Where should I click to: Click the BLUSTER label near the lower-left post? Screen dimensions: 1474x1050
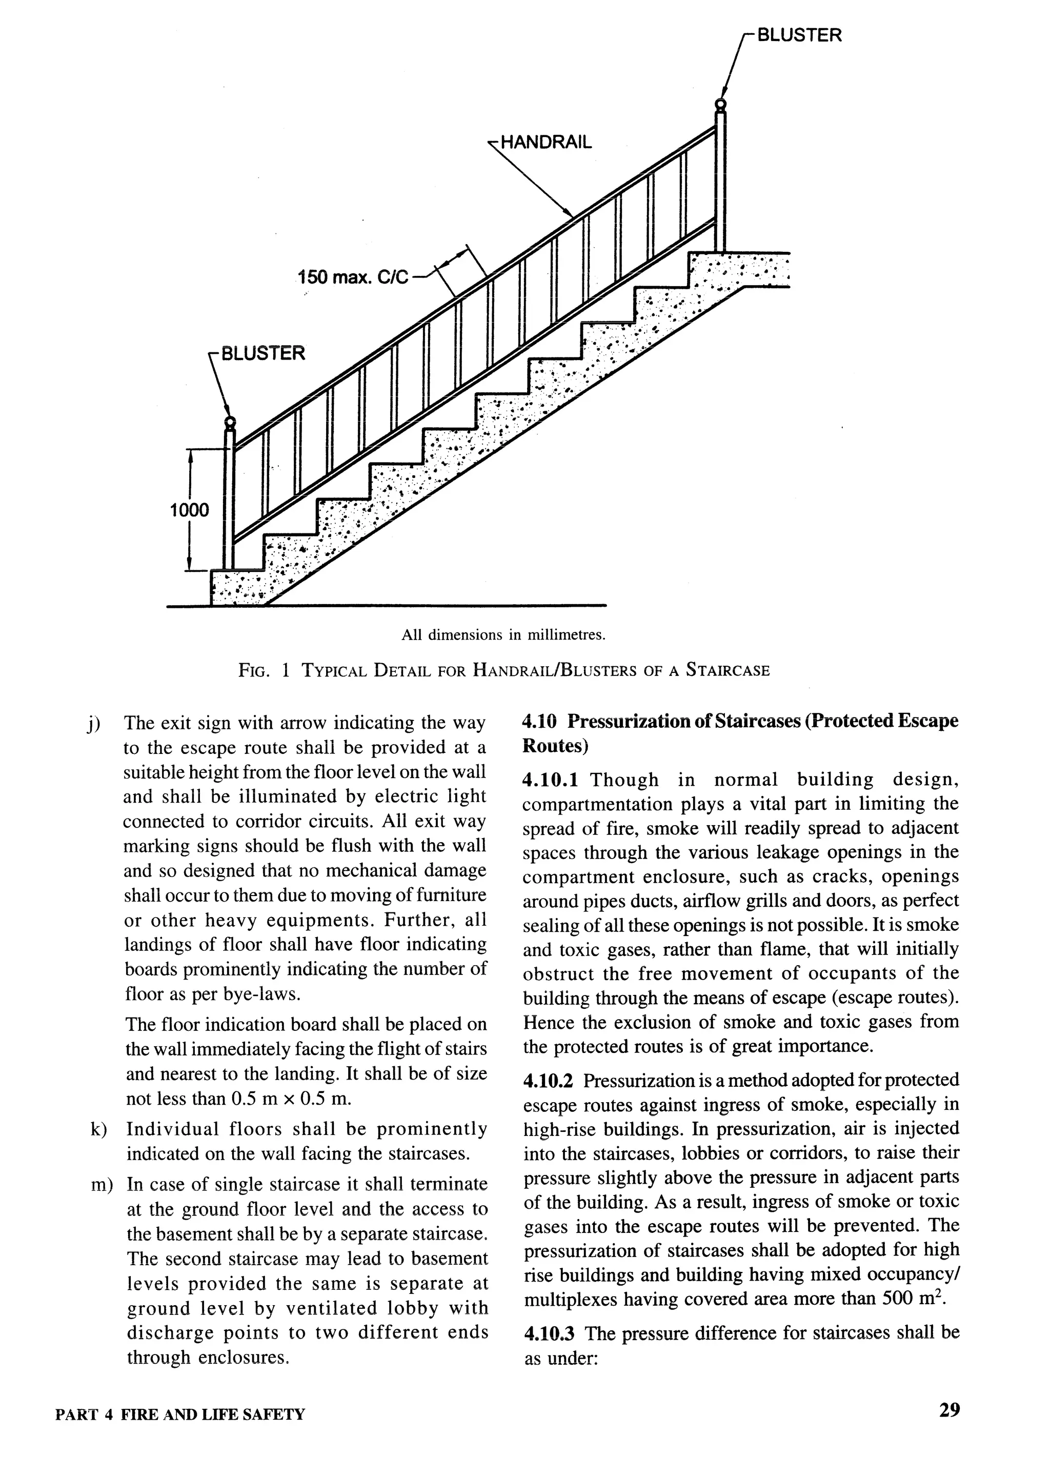(x=262, y=354)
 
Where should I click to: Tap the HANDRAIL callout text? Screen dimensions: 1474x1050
(x=546, y=142)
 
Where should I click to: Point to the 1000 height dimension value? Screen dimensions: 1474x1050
(x=189, y=511)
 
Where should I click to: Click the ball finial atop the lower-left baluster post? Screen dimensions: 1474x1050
(x=229, y=423)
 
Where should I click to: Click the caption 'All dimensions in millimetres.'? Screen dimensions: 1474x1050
(x=503, y=634)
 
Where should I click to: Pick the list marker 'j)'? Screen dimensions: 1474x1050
(x=94, y=723)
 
